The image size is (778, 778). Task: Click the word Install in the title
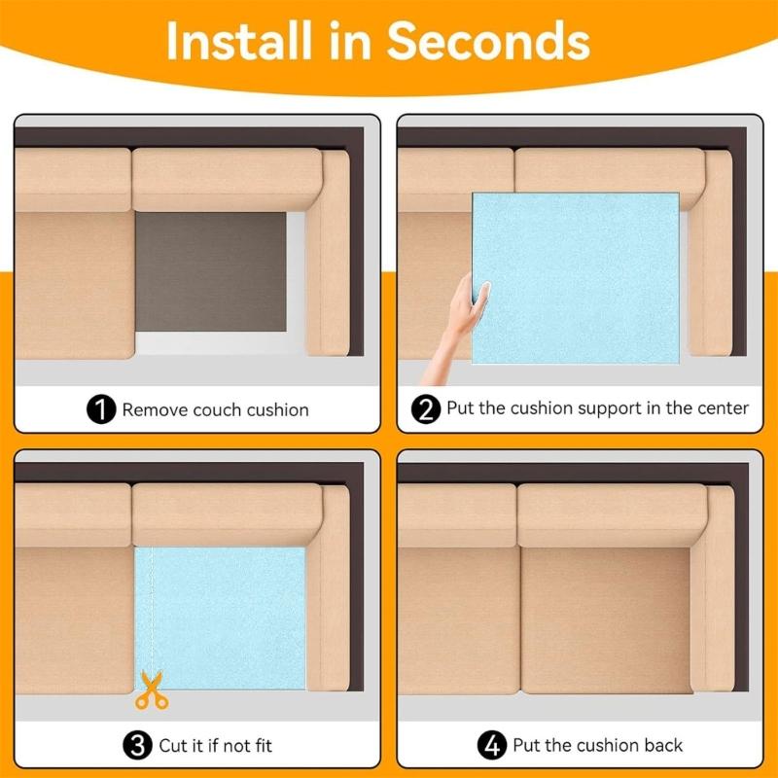239,41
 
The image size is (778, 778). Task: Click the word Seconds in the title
488,41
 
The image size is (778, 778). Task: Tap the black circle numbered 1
101,409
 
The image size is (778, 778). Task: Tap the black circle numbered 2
426,409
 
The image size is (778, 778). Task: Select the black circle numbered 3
137,745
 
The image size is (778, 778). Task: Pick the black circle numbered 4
492,745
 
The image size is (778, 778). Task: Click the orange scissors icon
152,690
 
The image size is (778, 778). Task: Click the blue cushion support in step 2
576,278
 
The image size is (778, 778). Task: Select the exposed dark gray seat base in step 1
211,272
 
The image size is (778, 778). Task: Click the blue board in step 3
221,619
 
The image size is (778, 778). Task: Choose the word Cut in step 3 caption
171,745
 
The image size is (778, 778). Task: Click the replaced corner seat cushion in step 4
606,620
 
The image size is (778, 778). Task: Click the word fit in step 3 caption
264,745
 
